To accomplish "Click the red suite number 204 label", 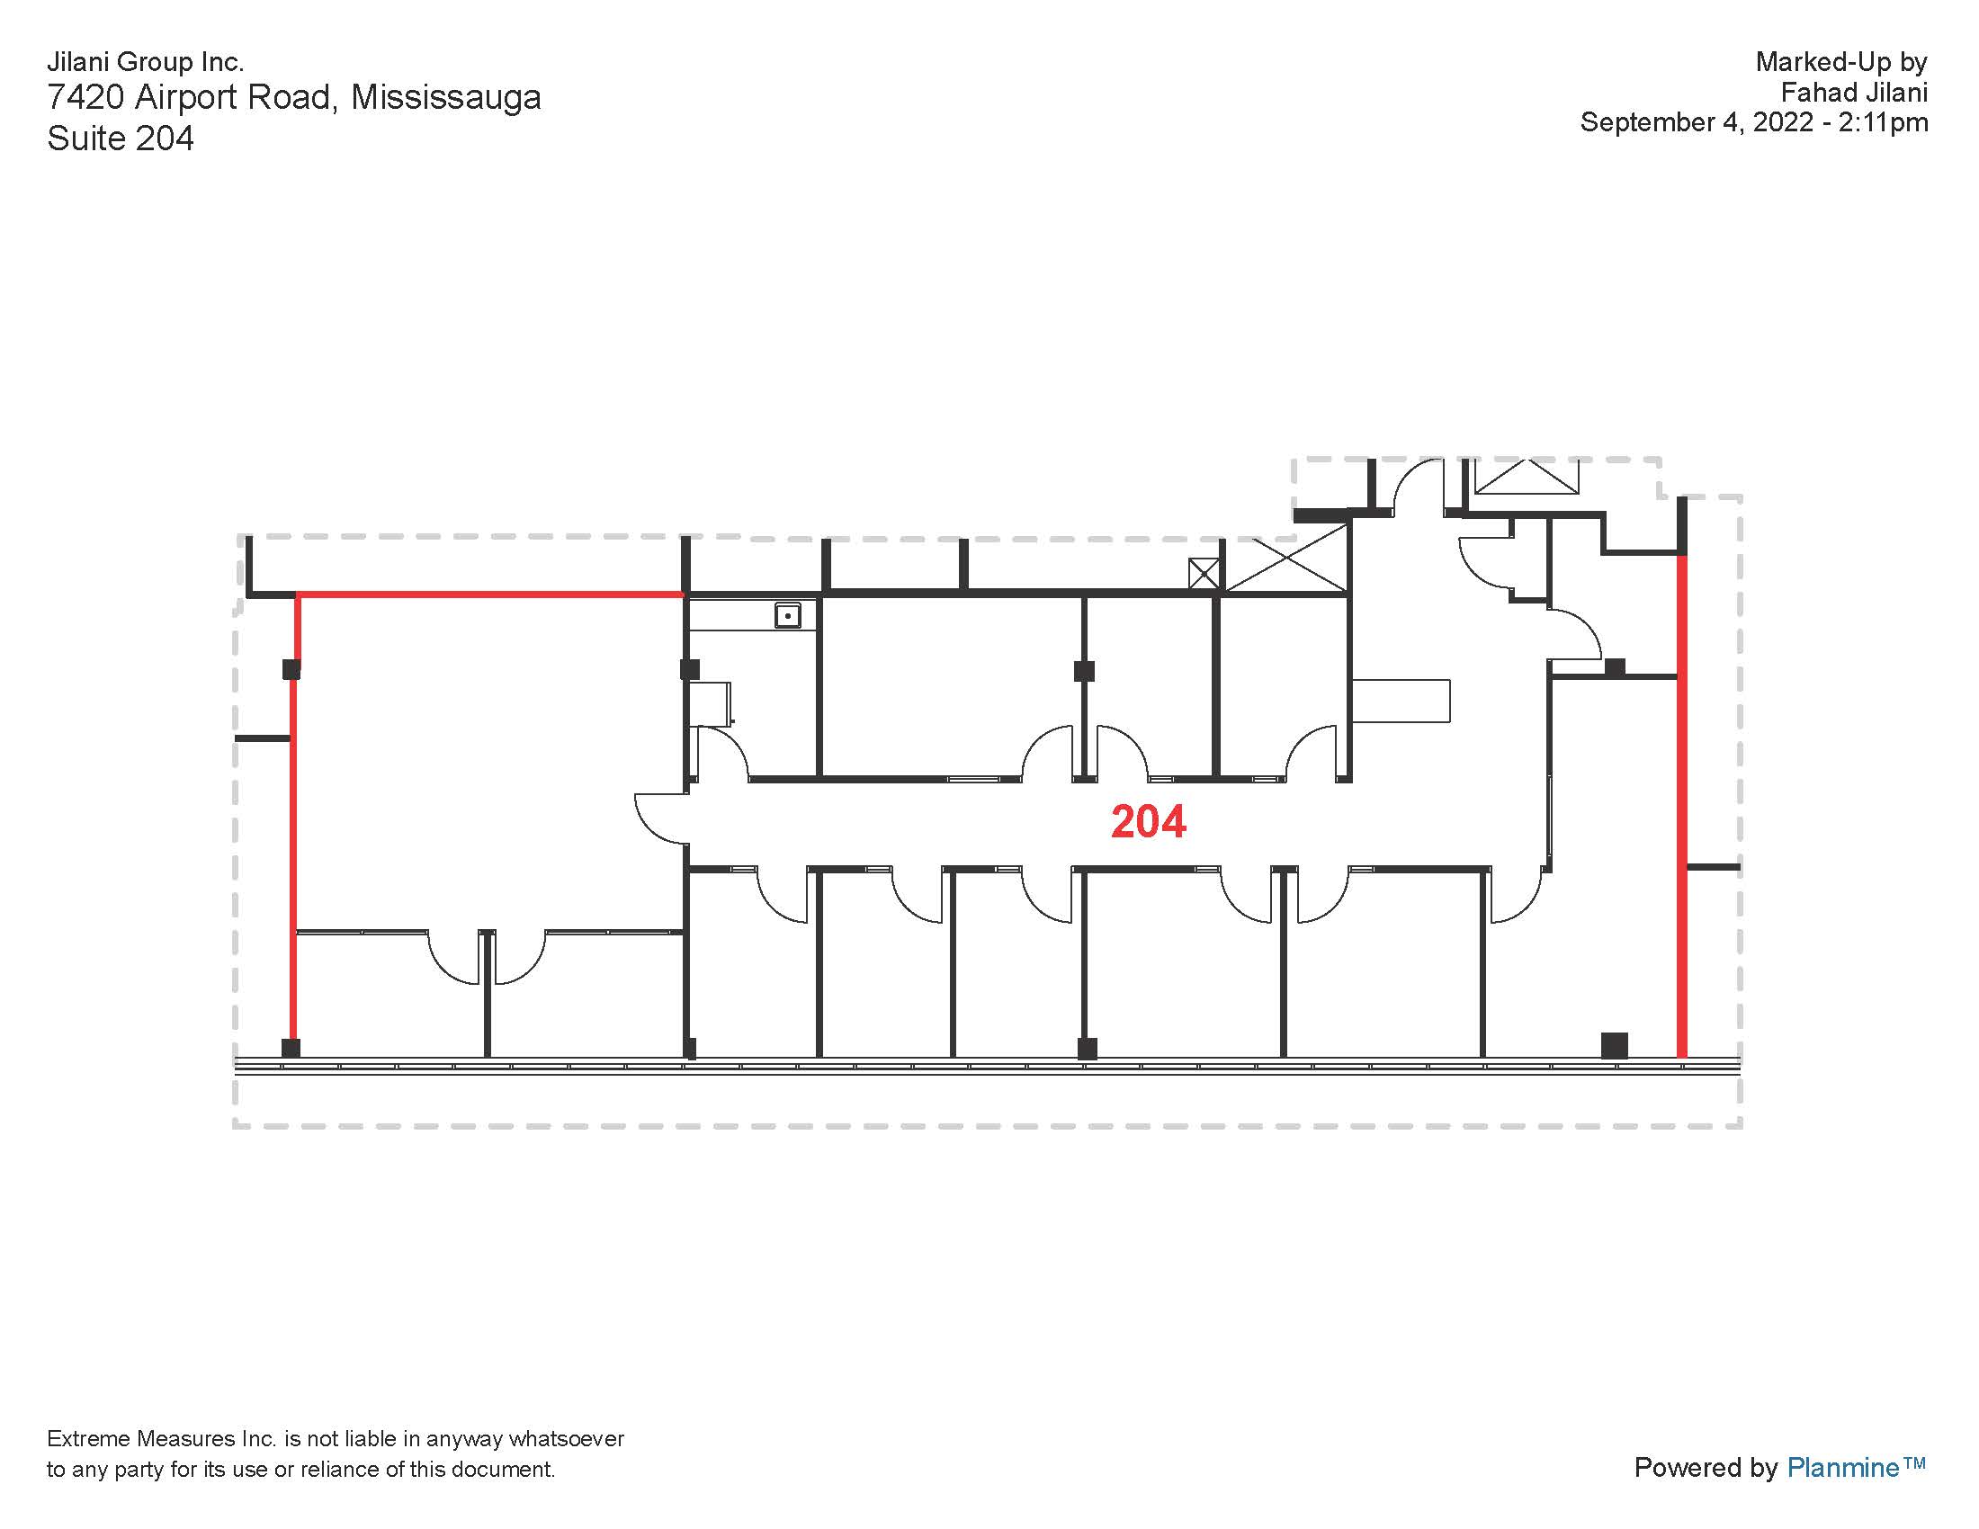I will [x=1148, y=821].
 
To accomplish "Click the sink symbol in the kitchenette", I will [x=787, y=616].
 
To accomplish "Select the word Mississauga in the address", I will [x=446, y=97].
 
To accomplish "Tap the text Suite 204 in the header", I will [x=121, y=139].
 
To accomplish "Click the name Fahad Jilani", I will [x=1853, y=93].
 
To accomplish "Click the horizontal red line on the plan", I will [x=489, y=595].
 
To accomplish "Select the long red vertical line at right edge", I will [x=1682, y=806].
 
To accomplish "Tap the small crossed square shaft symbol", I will [x=1204, y=574].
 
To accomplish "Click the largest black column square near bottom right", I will [x=1614, y=1045].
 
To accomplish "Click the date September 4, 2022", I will [x=1697, y=122].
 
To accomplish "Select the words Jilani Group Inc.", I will [x=145, y=61].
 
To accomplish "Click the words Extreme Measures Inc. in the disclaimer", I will [x=161, y=1438].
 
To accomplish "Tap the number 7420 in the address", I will [x=85, y=97].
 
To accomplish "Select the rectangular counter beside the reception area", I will [x=1401, y=700].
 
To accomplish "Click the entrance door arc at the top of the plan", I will [x=1417, y=485].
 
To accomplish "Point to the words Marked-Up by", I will [x=1840, y=61].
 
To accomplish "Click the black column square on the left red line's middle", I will [x=291, y=669].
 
